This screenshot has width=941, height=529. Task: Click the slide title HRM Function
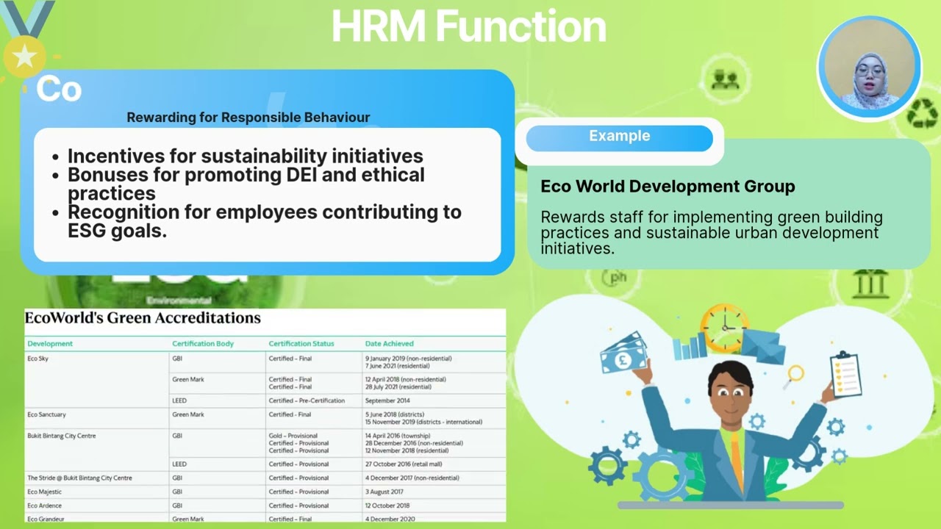(x=469, y=26)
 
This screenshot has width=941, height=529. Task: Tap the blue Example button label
(x=619, y=137)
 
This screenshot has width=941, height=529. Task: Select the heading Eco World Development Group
(x=668, y=187)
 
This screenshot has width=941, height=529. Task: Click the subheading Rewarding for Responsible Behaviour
(x=248, y=118)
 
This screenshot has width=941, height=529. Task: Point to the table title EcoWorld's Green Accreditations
(x=143, y=318)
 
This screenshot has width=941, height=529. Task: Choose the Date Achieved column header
(x=389, y=344)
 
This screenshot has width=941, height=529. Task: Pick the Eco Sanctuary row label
(x=46, y=415)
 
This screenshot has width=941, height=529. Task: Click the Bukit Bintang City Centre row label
(x=61, y=436)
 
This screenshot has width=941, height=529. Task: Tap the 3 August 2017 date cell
(x=384, y=492)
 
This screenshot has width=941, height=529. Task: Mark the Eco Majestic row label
(x=44, y=492)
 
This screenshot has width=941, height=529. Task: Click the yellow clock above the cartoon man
(x=723, y=328)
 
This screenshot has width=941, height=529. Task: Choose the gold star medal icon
(x=24, y=56)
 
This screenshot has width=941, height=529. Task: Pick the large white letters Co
(x=59, y=90)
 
